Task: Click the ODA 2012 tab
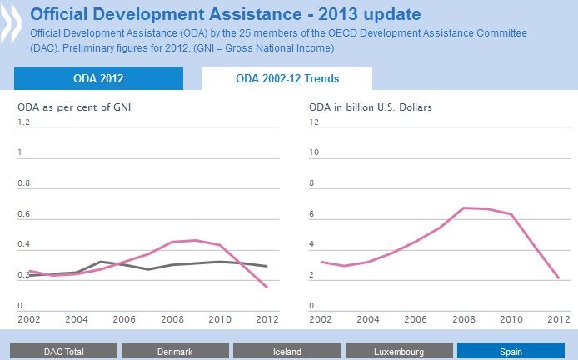(x=98, y=79)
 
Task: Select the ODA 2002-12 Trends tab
(x=287, y=79)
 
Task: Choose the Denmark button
(x=174, y=352)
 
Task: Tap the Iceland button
(x=287, y=352)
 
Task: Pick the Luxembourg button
(x=398, y=352)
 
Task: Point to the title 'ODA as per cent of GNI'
(x=75, y=107)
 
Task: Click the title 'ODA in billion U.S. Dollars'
(x=370, y=107)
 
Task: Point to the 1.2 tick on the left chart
(x=24, y=122)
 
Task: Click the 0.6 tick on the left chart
(x=24, y=214)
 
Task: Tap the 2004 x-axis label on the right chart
(x=368, y=319)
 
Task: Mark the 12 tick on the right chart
(x=315, y=122)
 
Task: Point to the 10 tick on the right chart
(x=315, y=152)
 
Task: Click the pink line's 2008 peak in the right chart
(x=463, y=207)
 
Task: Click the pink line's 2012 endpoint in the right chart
(x=558, y=277)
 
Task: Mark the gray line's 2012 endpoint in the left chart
(x=267, y=266)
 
